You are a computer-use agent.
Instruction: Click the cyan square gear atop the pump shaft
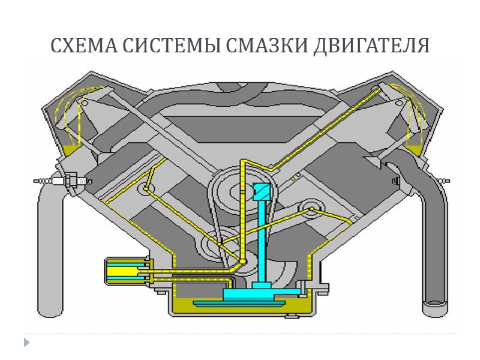coord(262,191)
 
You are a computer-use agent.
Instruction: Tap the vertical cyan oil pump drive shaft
coord(262,240)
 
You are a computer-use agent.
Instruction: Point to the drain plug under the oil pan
coord(293,314)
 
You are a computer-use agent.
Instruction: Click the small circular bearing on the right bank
coord(312,208)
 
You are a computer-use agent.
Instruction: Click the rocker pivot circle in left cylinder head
coord(85,104)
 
